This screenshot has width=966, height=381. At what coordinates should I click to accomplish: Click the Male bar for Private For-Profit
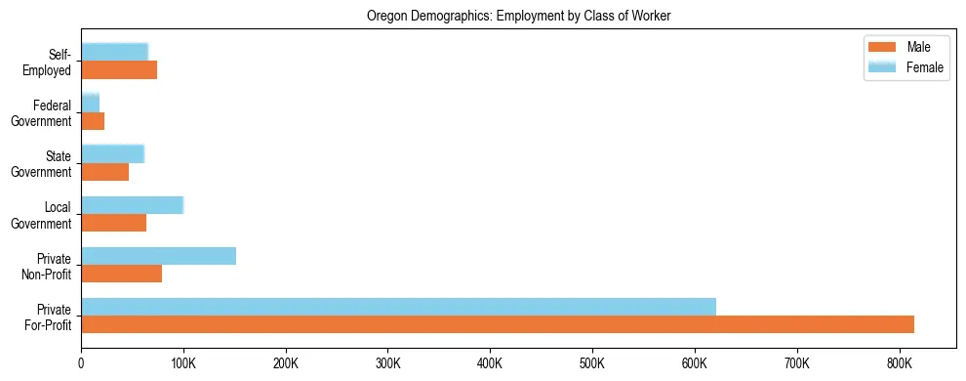[x=498, y=324]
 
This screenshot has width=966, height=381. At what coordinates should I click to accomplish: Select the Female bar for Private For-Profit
[x=398, y=307]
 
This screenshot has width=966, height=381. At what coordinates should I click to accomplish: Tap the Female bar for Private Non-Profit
[x=158, y=256]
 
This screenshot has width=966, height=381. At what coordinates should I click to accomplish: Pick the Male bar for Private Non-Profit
[x=121, y=274]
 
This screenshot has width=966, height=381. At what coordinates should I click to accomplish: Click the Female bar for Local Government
[x=132, y=205]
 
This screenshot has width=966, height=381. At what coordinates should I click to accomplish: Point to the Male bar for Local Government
[x=113, y=223]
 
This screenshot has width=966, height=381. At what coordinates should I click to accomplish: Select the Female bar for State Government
[x=112, y=153]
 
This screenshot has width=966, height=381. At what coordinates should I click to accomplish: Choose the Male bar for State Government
[x=104, y=172]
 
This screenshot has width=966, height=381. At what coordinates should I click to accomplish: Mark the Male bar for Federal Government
[x=93, y=121]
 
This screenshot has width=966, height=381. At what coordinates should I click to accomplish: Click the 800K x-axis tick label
[x=899, y=363]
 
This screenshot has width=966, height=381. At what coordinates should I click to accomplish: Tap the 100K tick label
[x=183, y=363]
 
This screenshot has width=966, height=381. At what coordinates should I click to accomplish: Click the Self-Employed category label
[x=51, y=63]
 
